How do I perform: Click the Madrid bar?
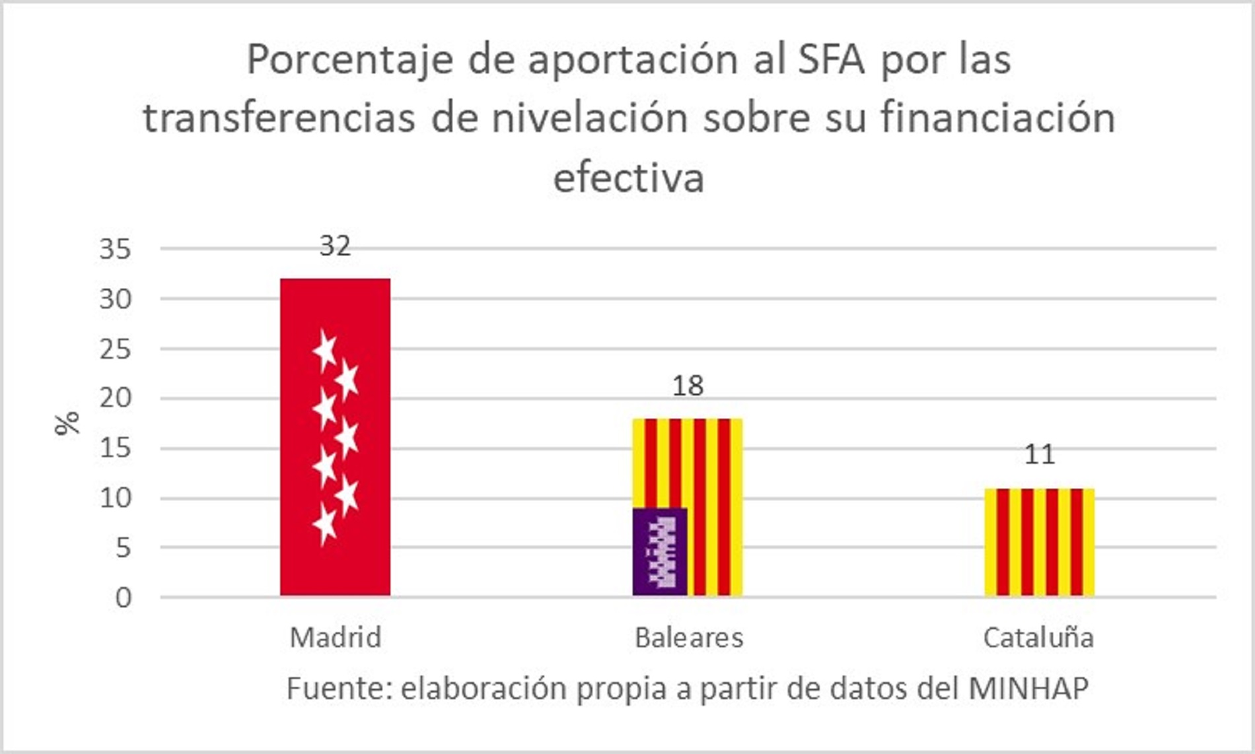point(335,436)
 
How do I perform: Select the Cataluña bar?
point(1039,542)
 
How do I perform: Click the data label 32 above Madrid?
point(335,246)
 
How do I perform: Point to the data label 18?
point(688,386)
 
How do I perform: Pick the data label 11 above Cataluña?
point(1039,455)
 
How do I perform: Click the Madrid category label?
point(336,638)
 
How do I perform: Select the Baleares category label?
point(688,638)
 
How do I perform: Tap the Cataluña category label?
point(1038,638)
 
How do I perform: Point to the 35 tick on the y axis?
point(115,250)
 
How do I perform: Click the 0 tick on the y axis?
point(123,598)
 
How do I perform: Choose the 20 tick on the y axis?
point(115,398)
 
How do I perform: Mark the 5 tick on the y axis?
point(123,548)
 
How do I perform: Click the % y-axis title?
point(67,423)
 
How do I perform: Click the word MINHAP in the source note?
point(1028,689)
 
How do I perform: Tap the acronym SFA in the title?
point(830,59)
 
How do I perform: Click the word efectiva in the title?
point(628,178)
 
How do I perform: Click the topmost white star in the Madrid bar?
point(324,350)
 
